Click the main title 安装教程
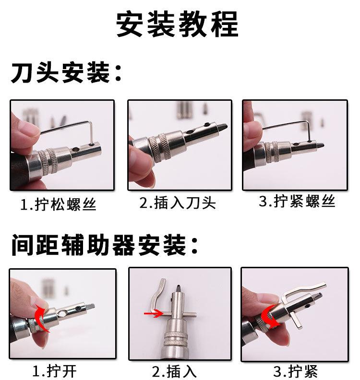click(177, 24)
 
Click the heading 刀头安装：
click(66, 72)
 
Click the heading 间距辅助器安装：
click(104, 245)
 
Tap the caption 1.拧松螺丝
click(58, 204)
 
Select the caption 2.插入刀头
click(178, 202)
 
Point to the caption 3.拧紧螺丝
click(297, 201)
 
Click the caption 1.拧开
click(55, 371)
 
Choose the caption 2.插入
click(174, 371)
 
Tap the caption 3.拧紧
click(296, 371)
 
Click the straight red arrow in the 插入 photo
click(153, 314)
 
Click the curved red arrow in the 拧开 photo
click(40, 318)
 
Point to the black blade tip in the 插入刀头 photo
click(223, 127)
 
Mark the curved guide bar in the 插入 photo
click(157, 297)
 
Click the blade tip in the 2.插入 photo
click(179, 289)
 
